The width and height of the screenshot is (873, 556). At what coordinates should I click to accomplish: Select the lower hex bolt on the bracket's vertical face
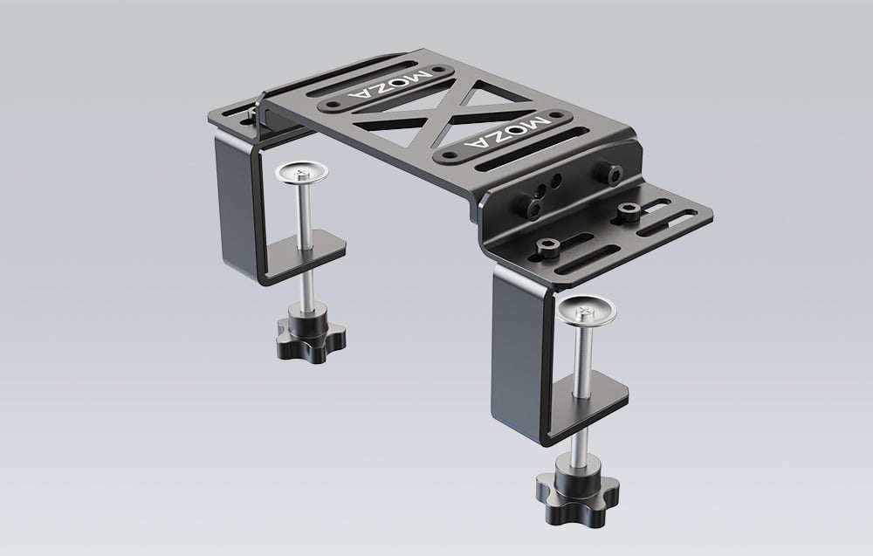point(530,206)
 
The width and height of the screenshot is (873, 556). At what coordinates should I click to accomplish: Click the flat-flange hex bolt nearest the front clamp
point(548,248)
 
